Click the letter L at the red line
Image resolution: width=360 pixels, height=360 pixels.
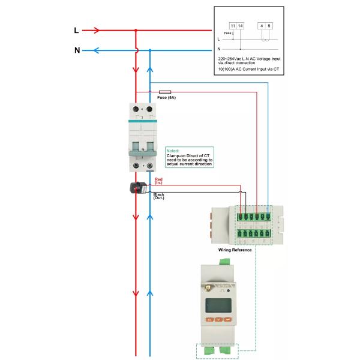pyautogui.click(x=76, y=30)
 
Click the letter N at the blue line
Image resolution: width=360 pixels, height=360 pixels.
pyautogui.click(x=77, y=50)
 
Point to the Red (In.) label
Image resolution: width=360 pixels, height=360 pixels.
pyautogui.click(x=158, y=181)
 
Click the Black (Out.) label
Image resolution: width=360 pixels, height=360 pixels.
pyautogui.click(x=159, y=196)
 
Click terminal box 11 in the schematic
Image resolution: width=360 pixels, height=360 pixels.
pyautogui.click(x=233, y=26)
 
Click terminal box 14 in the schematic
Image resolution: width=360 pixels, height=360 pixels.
pyautogui.click(x=241, y=26)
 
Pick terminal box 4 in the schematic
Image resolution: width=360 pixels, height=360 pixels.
pyautogui.click(x=262, y=26)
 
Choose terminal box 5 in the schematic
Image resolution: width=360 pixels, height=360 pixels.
pyautogui.click(x=269, y=26)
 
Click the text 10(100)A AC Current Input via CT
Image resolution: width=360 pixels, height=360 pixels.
pyautogui.click(x=248, y=70)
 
